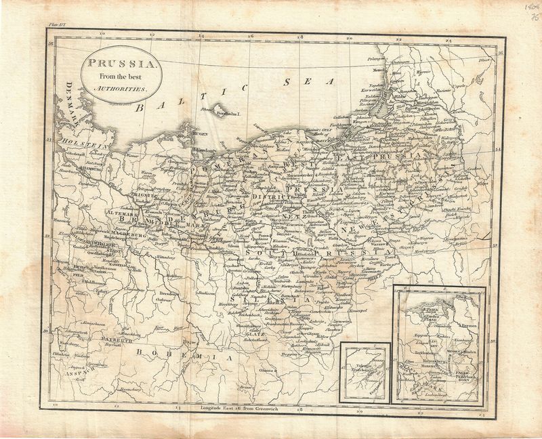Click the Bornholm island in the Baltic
tap(220, 110)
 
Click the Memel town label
tap(377, 70)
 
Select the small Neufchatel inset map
tap(364, 373)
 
